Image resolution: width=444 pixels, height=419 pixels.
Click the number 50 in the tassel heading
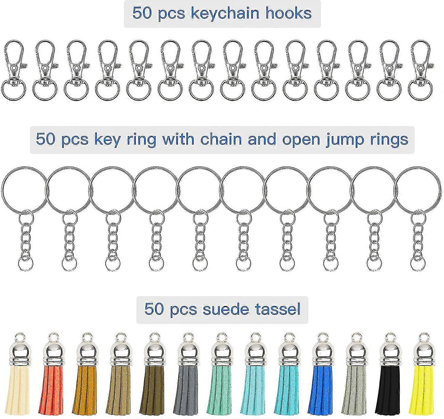(x=153, y=309)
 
